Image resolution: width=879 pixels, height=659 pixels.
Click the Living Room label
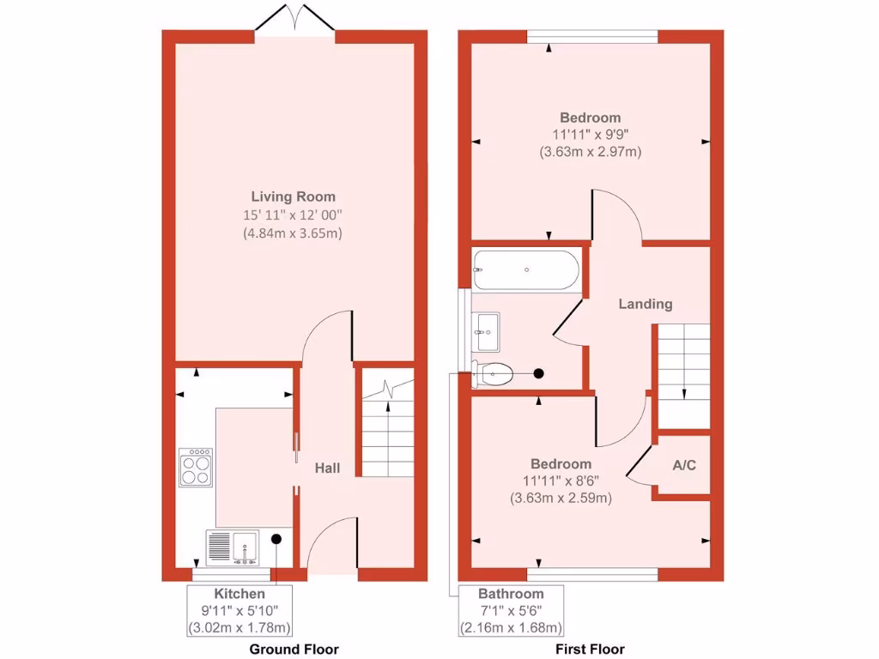(x=293, y=196)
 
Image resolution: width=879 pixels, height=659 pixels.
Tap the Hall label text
(x=327, y=468)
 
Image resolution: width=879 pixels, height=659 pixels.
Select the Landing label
(x=646, y=304)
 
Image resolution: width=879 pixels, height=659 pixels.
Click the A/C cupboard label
(x=684, y=466)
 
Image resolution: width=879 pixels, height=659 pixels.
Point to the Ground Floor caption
(x=294, y=650)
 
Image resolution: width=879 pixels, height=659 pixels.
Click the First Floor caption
(x=590, y=650)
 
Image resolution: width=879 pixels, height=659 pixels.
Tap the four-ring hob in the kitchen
(x=195, y=468)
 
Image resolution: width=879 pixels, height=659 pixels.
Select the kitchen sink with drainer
(x=232, y=547)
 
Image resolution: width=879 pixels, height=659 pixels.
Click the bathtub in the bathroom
(x=525, y=269)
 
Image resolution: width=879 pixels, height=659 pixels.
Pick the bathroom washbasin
(x=486, y=330)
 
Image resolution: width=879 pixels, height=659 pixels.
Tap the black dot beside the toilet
(x=539, y=373)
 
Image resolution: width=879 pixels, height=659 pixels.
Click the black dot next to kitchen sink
(x=276, y=539)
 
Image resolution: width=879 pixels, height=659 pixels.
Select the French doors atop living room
(x=294, y=19)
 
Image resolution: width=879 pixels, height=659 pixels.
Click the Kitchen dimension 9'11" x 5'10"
(x=239, y=610)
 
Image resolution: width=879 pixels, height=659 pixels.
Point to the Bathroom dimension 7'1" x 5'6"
(x=510, y=610)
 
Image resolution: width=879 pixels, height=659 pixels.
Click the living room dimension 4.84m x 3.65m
(x=293, y=233)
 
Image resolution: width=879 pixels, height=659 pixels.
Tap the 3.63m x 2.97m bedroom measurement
(x=591, y=152)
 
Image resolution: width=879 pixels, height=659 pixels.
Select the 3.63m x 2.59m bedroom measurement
(x=561, y=498)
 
